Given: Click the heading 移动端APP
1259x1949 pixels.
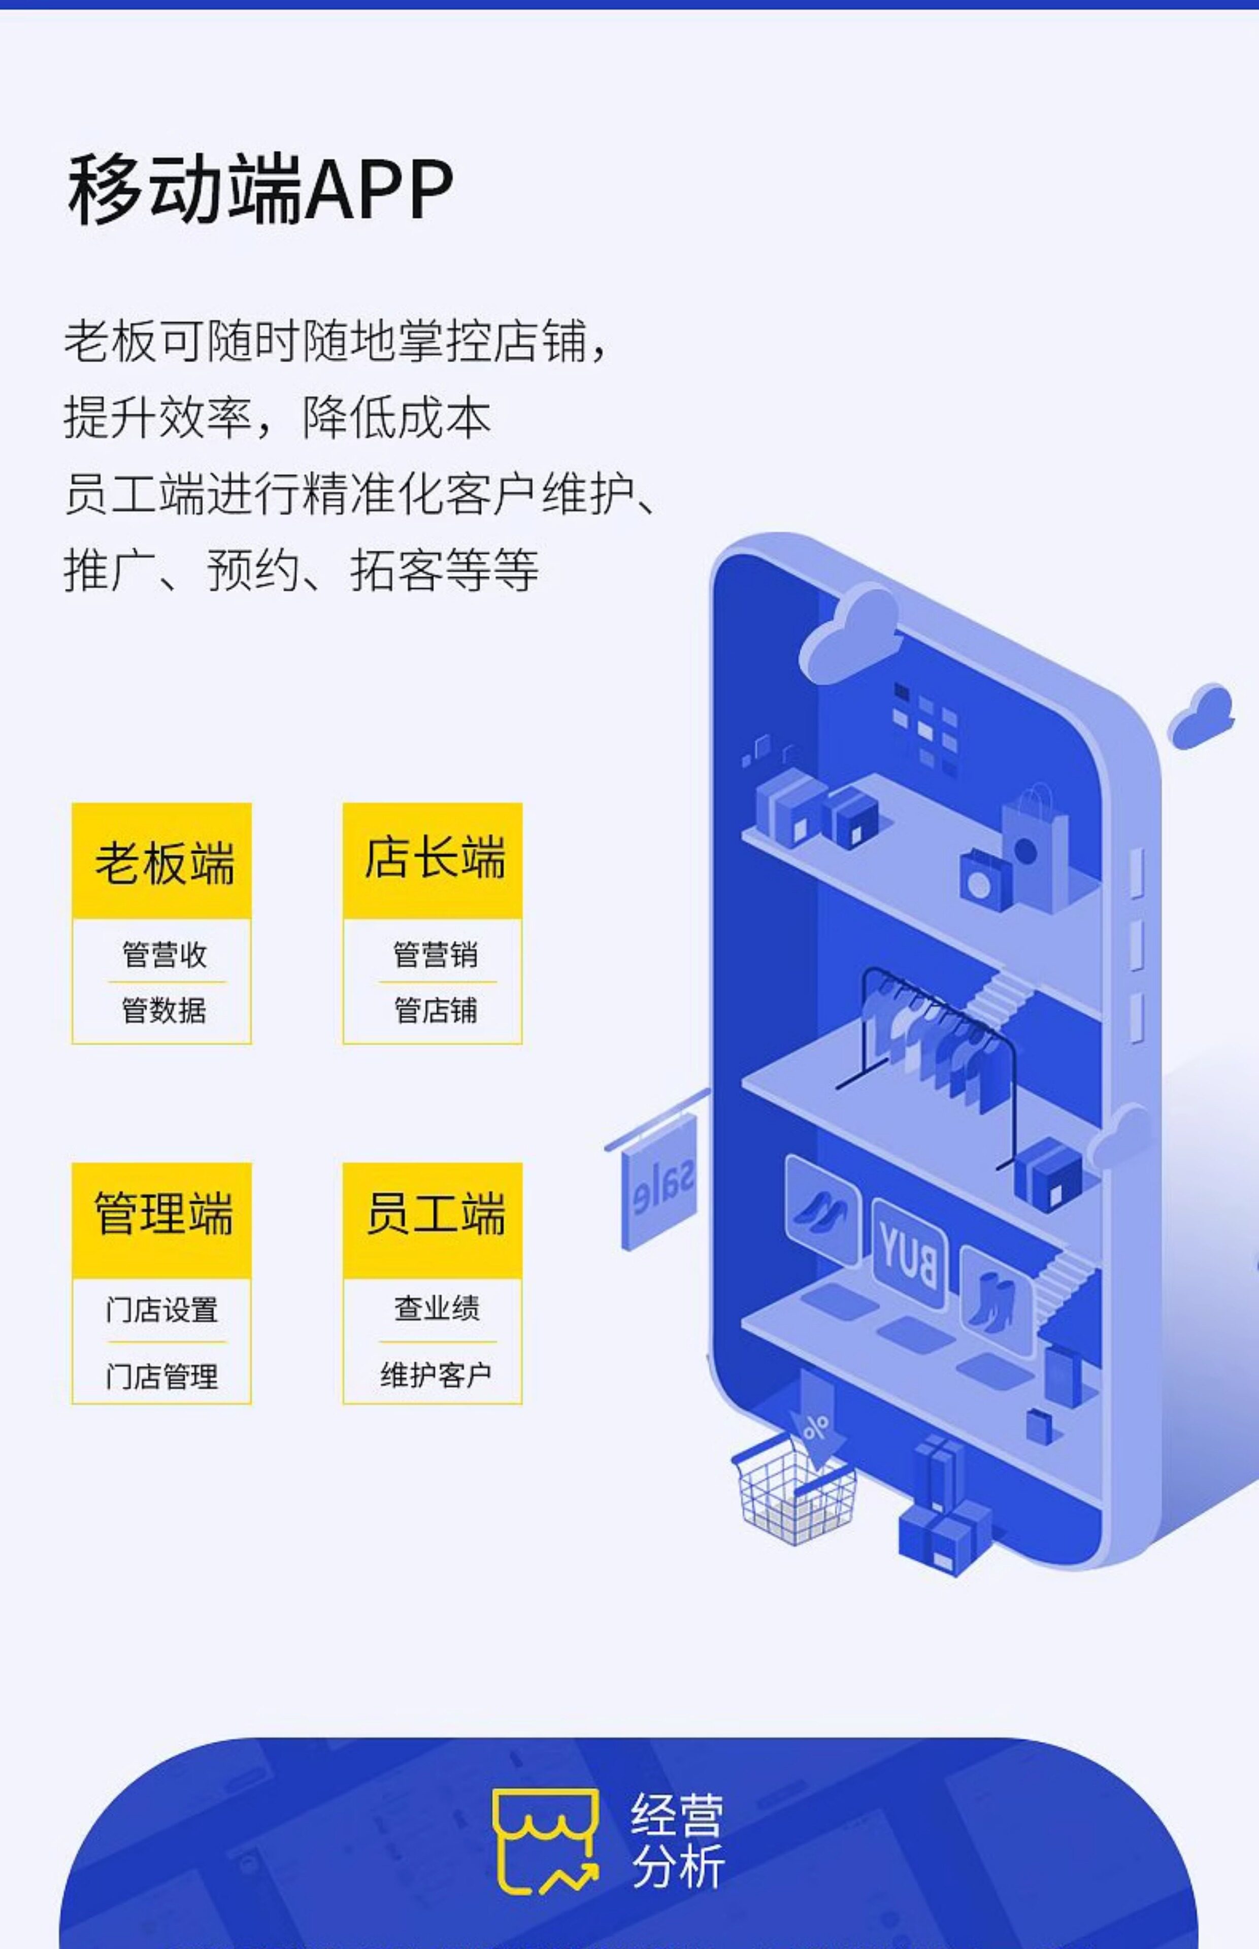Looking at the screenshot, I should tap(260, 190).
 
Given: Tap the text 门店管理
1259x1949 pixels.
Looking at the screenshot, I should tap(162, 1376).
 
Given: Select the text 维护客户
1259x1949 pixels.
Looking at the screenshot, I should tap(436, 1374).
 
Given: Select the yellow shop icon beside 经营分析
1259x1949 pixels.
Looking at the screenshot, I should tap(545, 1841).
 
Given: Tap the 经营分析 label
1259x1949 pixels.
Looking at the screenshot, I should tap(677, 1841).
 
